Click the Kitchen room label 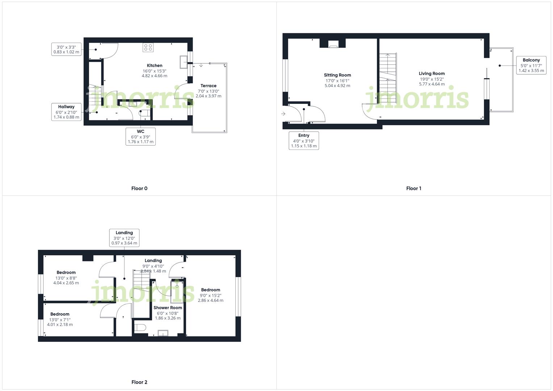coord(155,66)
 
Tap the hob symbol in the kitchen coord(148,47)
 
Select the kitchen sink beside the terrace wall coord(183,62)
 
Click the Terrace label coord(209,86)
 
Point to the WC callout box coord(141,136)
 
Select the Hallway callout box coord(66,112)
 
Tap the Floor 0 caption coord(139,188)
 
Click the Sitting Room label coord(338,75)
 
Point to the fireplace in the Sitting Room coord(333,44)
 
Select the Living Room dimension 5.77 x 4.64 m coord(432,84)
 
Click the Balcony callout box coord(531,65)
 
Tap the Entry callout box coord(304,140)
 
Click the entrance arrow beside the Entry coord(283,114)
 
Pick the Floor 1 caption coord(414,188)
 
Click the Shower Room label coord(168,308)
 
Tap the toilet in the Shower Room coord(140,328)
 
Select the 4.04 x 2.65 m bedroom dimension coord(66,283)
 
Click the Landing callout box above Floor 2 coord(124,238)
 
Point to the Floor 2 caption coord(139,382)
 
